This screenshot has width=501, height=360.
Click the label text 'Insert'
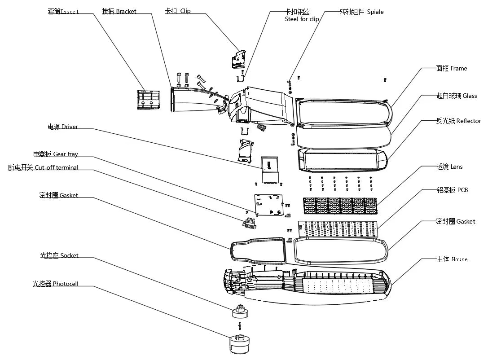click(70, 11)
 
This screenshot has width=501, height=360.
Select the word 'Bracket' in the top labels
click(126, 11)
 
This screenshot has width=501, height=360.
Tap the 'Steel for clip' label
click(302, 19)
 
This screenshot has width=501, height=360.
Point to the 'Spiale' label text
click(375, 12)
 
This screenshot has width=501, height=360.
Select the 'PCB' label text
click(463, 190)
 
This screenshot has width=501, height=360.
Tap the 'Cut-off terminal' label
click(57, 167)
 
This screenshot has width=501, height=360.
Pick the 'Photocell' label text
click(66, 284)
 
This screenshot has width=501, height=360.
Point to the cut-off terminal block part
click(250, 222)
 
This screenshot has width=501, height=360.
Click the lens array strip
click(340, 206)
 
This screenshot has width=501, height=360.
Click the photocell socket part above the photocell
click(241, 311)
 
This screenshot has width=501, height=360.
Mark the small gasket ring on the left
click(259, 251)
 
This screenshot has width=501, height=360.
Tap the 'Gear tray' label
click(66, 154)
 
